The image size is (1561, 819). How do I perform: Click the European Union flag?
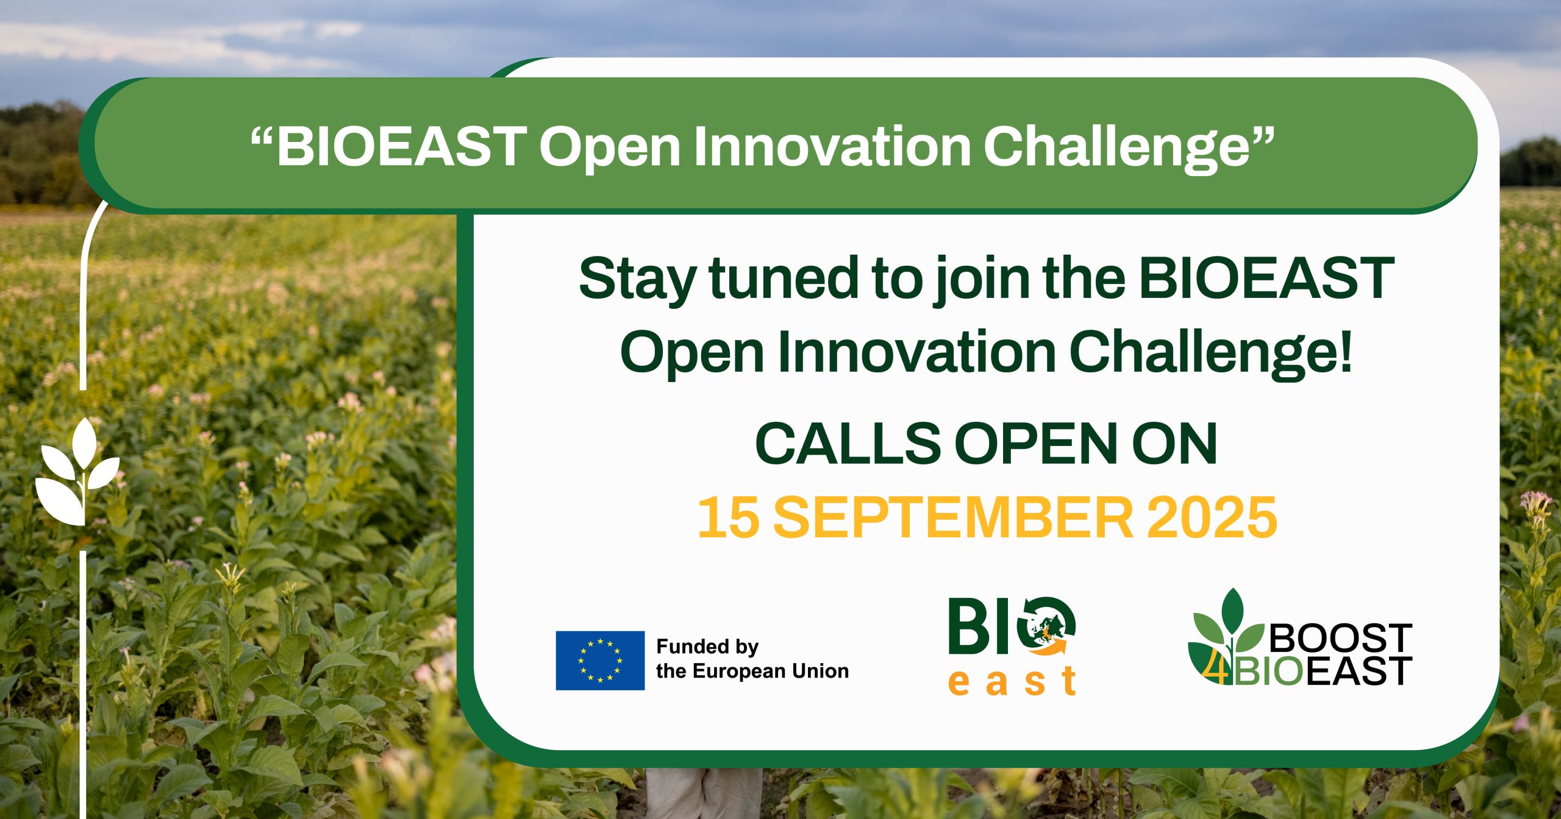point(600,661)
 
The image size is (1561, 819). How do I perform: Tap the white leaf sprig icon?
point(77,472)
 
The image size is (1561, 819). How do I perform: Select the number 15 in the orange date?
point(728,518)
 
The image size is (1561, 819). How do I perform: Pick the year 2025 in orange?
point(1212,518)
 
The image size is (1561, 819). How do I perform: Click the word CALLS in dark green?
point(848,444)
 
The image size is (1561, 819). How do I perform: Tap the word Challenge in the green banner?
point(1129,148)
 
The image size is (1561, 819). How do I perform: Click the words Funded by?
point(707,647)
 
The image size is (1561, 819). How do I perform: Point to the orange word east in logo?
point(1013,681)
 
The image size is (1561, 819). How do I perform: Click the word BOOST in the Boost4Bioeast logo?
point(1340,638)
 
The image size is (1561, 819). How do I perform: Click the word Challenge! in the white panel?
point(1211,353)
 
